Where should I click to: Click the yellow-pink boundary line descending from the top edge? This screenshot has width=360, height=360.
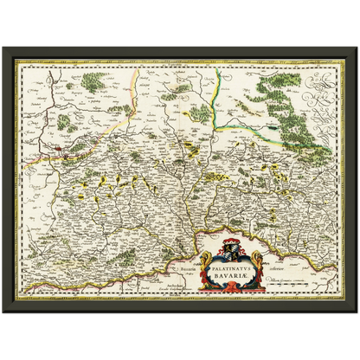tap(133, 95)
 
